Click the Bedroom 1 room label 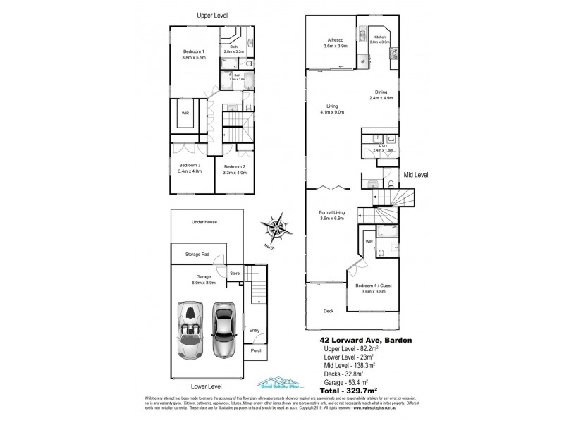pyautogui.click(x=192, y=51)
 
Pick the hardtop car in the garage pyautogui.click(x=223, y=329)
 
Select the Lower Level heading pyautogui.click(x=206, y=387)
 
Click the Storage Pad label pyautogui.click(x=198, y=254)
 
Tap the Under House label pyautogui.click(x=204, y=222)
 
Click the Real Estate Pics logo pyautogui.click(x=281, y=386)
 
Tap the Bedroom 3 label pyautogui.click(x=190, y=166)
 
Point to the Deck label pyautogui.click(x=328, y=311)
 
